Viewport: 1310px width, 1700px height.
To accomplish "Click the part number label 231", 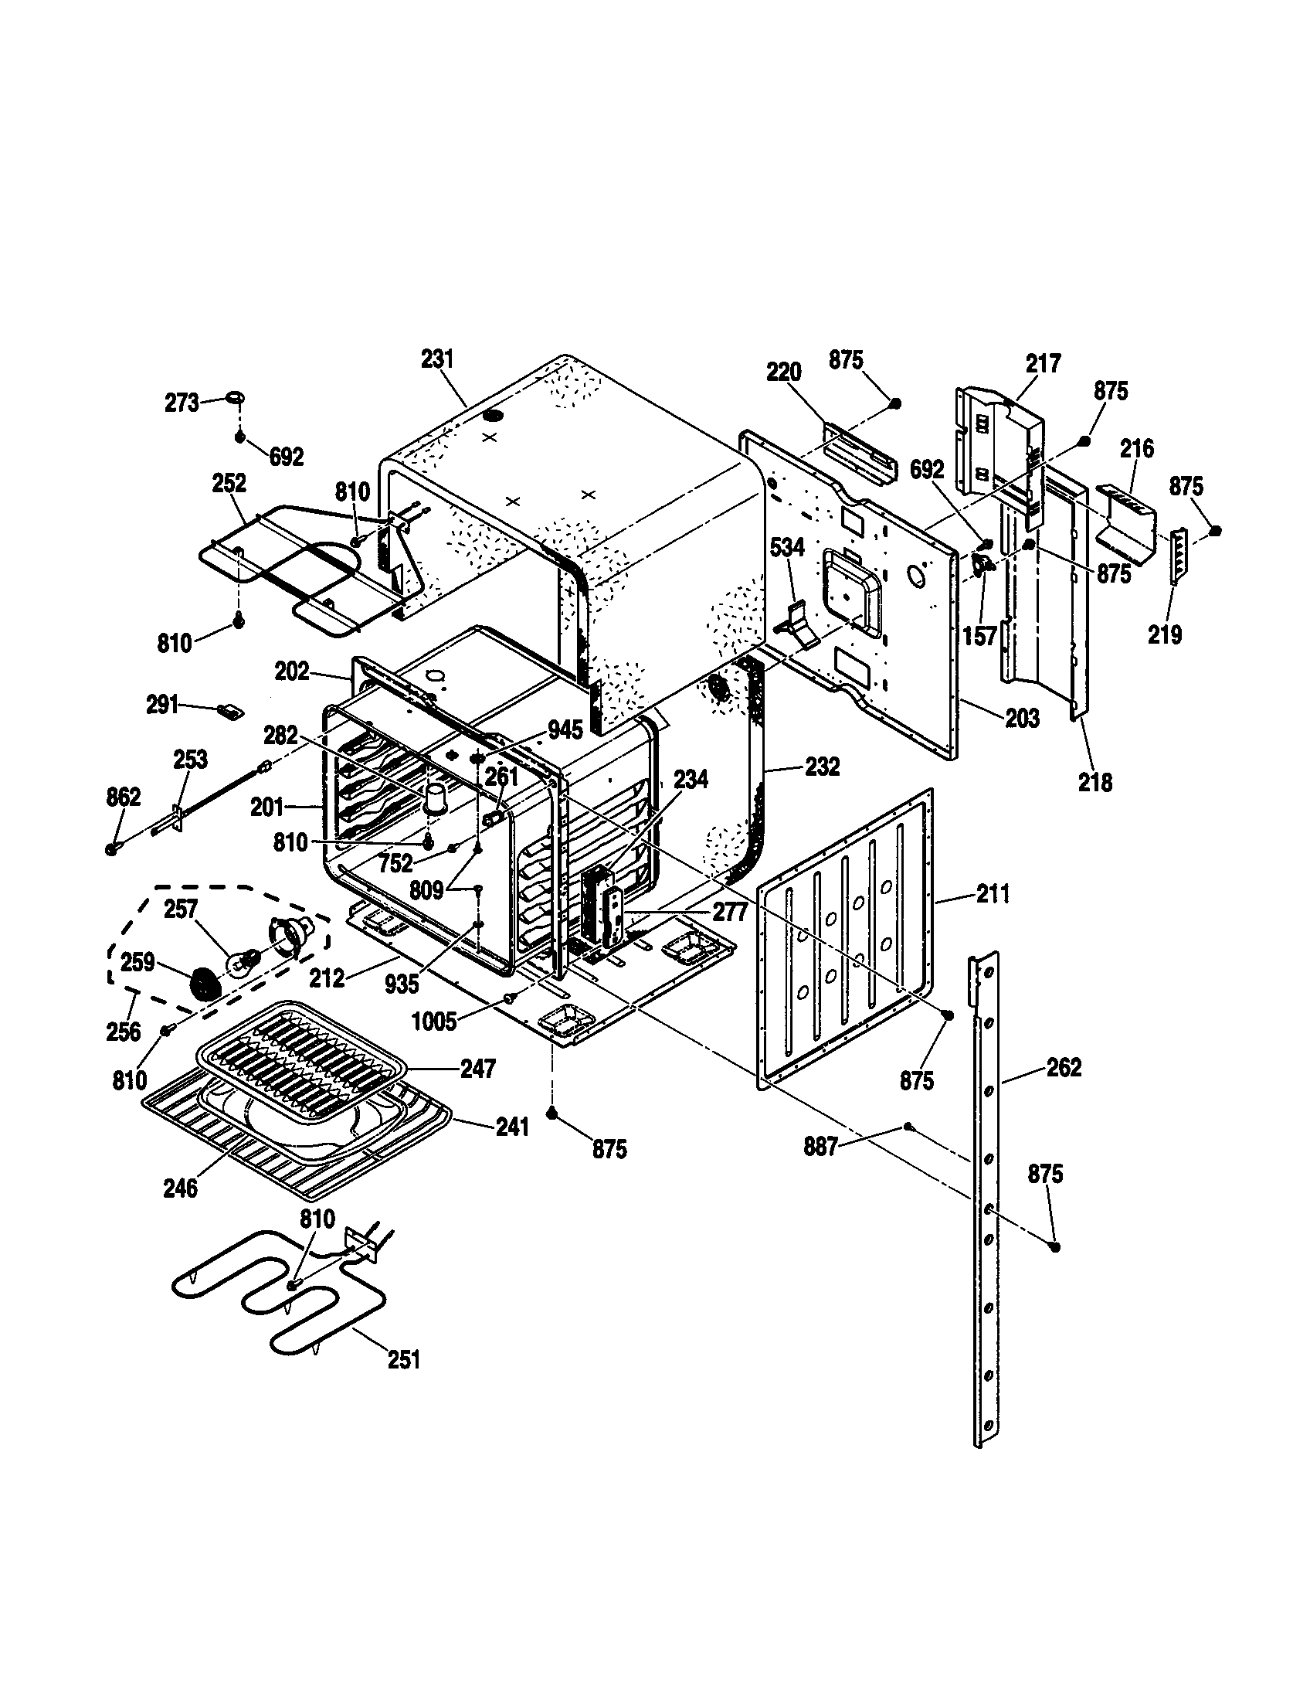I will pyautogui.click(x=437, y=359).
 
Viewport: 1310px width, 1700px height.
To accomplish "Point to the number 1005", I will pyautogui.click(x=434, y=1021).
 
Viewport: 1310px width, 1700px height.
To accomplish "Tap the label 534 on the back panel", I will pyautogui.click(x=786, y=547).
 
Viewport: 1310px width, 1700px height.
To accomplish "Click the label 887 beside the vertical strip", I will pyautogui.click(x=821, y=1147).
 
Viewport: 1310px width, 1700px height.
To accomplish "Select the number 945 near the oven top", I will pyautogui.click(x=565, y=729).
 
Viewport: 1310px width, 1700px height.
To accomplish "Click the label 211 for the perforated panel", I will pyautogui.click(x=993, y=894).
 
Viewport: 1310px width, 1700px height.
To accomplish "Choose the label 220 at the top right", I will pyautogui.click(x=783, y=372).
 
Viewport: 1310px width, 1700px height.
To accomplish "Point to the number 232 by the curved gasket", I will pyautogui.click(x=823, y=767).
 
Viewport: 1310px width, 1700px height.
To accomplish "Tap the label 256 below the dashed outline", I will pyautogui.click(x=124, y=1032).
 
